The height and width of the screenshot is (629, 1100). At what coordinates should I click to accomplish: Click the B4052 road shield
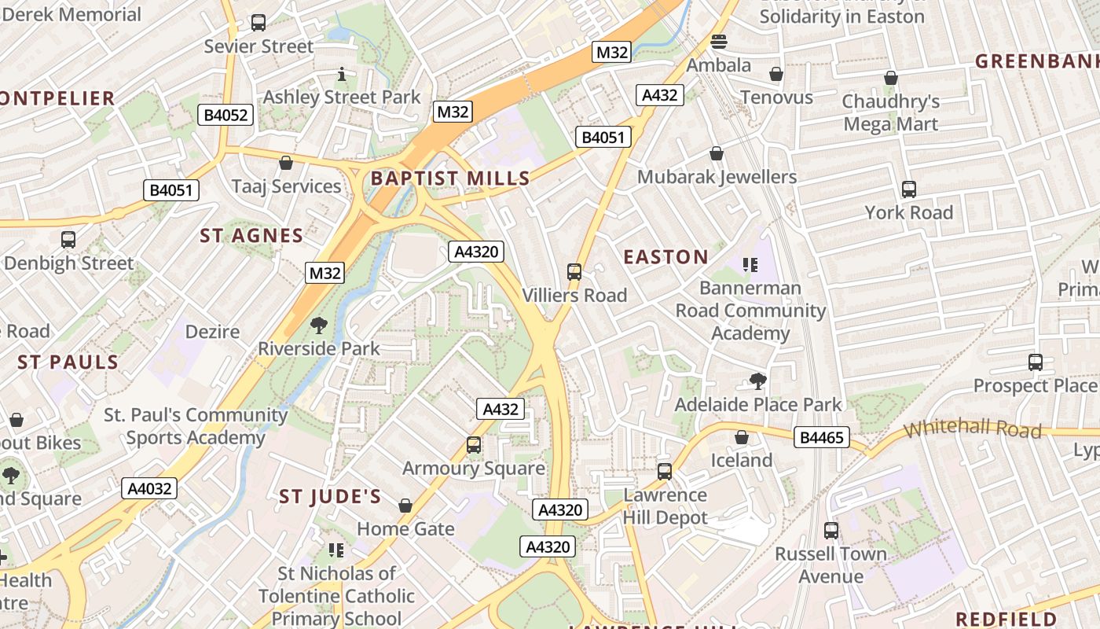225,115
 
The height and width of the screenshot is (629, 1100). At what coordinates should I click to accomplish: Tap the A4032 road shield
149,488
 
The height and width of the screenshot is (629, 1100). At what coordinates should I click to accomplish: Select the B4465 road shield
822,437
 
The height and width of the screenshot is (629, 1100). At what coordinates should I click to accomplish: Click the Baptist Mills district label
450,178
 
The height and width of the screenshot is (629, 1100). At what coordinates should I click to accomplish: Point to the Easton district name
665,257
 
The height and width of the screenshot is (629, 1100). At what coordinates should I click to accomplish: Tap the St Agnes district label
251,236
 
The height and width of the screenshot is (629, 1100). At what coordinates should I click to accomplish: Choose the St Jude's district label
330,497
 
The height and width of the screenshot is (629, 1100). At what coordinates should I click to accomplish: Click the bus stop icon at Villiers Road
574,272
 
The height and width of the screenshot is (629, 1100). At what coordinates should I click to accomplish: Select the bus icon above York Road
909,189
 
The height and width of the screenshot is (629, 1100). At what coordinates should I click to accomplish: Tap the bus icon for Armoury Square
474,445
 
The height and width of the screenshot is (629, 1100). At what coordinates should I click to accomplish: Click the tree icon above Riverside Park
319,325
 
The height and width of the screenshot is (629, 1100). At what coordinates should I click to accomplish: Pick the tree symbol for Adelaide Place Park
758,381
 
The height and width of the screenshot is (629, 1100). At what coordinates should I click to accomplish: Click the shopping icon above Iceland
741,437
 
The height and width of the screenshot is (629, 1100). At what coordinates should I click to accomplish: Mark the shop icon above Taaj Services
286,163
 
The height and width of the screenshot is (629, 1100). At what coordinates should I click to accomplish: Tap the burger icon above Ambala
719,42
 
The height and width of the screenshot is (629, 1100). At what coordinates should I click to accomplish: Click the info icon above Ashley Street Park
342,75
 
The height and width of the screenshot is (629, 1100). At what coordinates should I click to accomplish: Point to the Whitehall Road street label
973,430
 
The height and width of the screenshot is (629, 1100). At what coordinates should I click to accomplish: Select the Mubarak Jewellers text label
717,177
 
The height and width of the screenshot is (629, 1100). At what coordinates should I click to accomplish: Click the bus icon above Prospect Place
1036,362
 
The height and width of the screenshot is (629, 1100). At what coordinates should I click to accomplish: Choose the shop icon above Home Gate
405,506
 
